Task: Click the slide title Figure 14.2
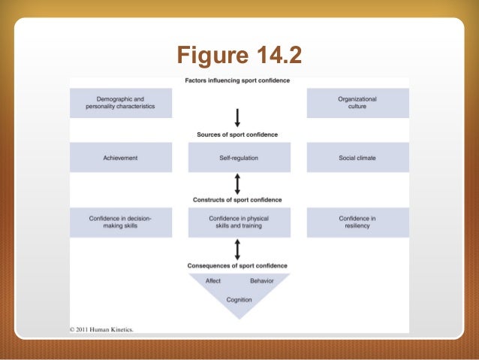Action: (x=238, y=55)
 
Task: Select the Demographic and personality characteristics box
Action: (x=120, y=103)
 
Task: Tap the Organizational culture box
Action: (x=357, y=103)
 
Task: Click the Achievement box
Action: (x=120, y=158)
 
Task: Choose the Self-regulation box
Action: (x=238, y=158)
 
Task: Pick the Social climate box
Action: (x=357, y=158)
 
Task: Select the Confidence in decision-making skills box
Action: (x=120, y=222)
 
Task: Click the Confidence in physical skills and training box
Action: (x=238, y=222)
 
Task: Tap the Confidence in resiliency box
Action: (x=357, y=222)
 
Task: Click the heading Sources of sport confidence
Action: (x=237, y=135)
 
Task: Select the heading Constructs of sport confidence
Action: (x=237, y=200)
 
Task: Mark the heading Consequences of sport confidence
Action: (x=237, y=265)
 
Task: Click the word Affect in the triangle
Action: (x=213, y=281)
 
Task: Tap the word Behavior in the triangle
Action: (x=262, y=281)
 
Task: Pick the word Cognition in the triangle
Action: (x=239, y=299)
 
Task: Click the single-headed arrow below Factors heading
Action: (x=237, y=116)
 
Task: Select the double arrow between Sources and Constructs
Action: (x=237, y=183)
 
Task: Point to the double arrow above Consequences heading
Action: (x=237, y=248)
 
